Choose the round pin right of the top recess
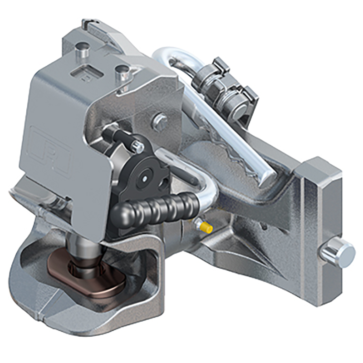tap(123, 72)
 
